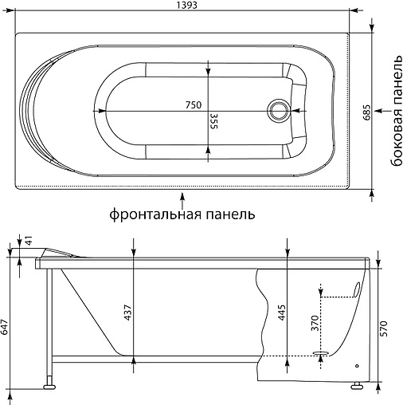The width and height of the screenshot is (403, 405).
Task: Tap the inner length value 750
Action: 193,105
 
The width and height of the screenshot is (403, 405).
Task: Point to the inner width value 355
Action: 214,121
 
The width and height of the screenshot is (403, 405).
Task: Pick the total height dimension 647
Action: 6,325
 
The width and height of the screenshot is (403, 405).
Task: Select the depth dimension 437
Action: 130,314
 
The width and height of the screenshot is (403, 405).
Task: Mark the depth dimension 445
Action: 281,314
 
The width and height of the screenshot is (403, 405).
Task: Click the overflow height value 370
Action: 315,324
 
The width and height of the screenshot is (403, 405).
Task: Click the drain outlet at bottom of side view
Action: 321,354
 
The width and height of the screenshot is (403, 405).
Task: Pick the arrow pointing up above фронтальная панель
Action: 184,195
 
